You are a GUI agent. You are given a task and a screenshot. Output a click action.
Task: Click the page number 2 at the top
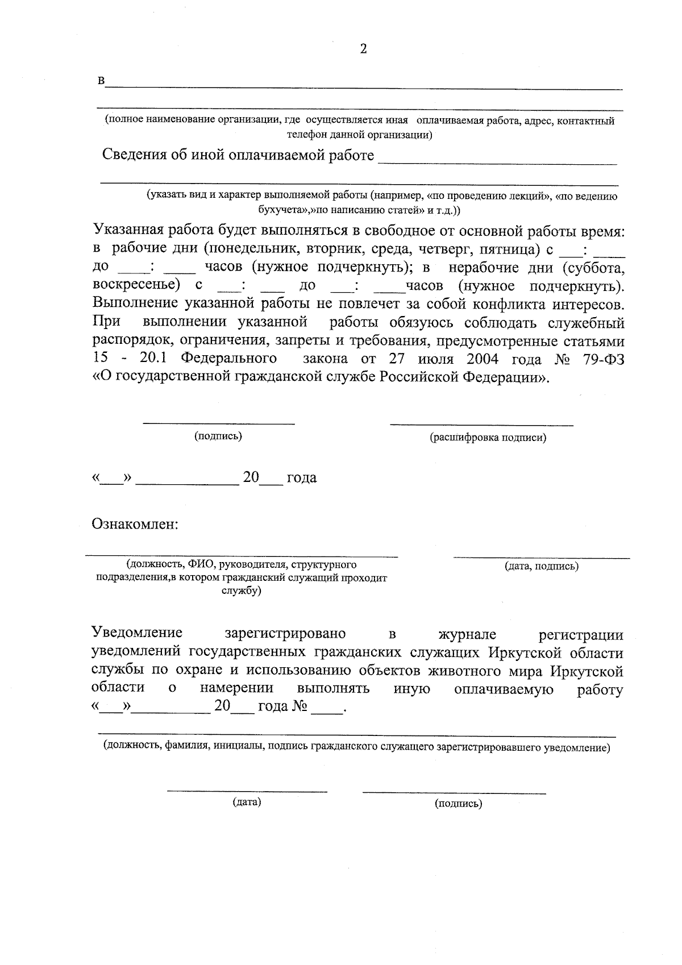pos(363,49)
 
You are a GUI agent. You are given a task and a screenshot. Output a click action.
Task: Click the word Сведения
pos(134,155)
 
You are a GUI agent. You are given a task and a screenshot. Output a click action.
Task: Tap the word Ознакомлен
pos(135,523)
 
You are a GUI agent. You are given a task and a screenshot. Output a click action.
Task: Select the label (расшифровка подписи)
pos(488,438)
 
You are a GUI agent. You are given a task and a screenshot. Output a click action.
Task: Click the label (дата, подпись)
pos(542,566)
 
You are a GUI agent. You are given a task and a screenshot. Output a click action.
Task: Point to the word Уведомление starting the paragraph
pos(137,633)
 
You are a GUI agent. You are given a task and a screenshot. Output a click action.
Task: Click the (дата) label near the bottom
pos(246,802)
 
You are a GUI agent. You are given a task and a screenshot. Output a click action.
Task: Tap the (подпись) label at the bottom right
pos(458,804)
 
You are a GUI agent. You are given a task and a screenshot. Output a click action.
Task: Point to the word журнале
pos(467,634)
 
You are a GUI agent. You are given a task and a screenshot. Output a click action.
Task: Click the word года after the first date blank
pos(301,478)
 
